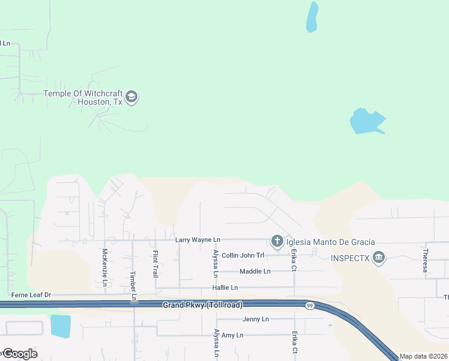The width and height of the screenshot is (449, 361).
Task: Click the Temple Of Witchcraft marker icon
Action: [132, 97]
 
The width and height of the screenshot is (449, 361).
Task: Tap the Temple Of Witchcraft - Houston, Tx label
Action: [83, 97]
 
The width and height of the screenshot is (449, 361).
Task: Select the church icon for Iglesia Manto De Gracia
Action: [277, 242]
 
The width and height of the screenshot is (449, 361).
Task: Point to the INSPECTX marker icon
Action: [379, 259]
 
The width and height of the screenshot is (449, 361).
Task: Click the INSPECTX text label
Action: [351, 259]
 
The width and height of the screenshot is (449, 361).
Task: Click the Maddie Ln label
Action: [255, 271]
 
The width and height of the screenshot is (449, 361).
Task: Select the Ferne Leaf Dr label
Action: [28, 295]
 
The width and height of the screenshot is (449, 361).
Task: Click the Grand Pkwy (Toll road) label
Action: [203, 306]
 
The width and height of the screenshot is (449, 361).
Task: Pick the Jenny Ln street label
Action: [256, 319]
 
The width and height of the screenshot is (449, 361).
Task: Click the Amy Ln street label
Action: [232, 335]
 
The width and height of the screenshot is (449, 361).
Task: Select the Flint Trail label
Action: [155, 264]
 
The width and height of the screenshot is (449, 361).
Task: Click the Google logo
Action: [19, 354]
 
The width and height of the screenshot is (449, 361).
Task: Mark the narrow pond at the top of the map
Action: [312, 17]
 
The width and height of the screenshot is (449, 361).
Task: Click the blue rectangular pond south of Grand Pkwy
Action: [61, 326]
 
